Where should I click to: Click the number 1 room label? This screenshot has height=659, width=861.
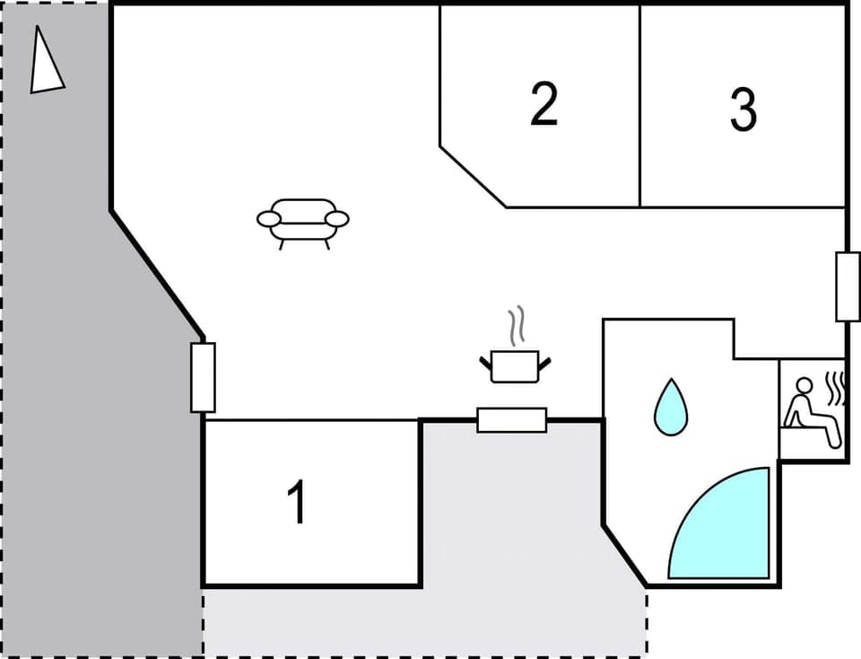(x=297, y=503)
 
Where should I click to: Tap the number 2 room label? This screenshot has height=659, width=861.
(x=544, y=104)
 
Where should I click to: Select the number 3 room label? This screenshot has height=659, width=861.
(x=743, y=110)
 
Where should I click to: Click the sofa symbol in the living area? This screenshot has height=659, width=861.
(x=302, y=221)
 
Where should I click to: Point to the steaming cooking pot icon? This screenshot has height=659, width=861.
(x=515, y=365)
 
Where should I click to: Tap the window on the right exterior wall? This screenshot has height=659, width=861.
(x=848, y=286)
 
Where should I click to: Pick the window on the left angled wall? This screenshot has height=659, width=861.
(x=203, y=377)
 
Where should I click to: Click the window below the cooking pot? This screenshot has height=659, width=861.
(x=511, y=420)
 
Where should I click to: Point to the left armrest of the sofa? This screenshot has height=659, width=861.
(x=268, y=218)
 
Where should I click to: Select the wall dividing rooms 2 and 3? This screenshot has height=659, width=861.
(x=639, y=108)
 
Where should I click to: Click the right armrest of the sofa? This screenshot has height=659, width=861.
(x=337, y=218)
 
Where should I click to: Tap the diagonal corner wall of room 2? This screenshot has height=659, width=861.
(x=473, y=176)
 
